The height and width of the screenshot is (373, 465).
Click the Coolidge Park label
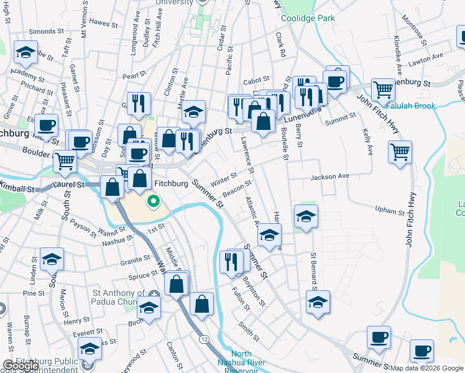point(308,18)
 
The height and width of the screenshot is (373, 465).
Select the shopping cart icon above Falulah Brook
point(383,90)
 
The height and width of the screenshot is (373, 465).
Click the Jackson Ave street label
point(330,177)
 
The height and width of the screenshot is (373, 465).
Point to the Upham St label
point(390,211)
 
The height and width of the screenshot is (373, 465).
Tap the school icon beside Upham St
point(305,218)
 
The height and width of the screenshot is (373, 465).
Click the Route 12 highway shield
point(204,339)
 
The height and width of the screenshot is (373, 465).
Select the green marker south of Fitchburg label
point(153,201)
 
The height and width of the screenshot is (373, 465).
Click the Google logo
point(21,365)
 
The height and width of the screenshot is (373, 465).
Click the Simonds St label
point(42,31)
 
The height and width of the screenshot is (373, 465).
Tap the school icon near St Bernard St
point(318,302)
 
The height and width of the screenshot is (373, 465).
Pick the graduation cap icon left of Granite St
point(52,260)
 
